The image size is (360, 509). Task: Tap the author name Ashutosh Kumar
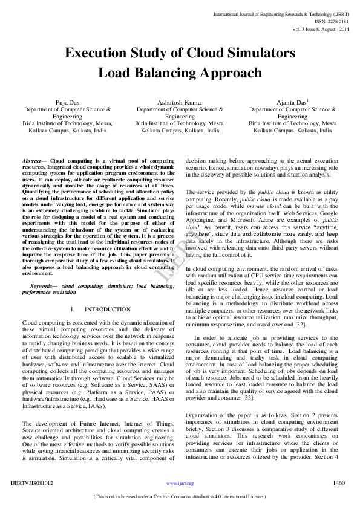[x=180, y=102]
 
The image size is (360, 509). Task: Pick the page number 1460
[x=339, y=483]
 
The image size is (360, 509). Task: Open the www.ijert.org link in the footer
[x=180, y=484]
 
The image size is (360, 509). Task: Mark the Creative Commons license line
[x=180, y=497]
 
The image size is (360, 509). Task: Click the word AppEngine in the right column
[x=201, y=220]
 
